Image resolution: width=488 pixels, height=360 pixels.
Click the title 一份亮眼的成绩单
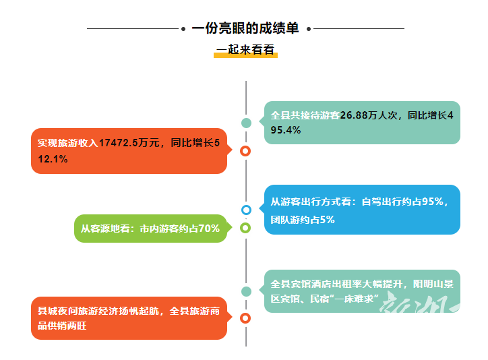pos(245,28)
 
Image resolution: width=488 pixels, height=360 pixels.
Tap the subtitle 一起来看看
pos(245,49)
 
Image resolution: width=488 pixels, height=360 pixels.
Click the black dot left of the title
pos(183,29)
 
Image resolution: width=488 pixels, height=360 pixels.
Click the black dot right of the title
pos(309,29)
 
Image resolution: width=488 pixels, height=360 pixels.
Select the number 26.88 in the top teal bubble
pos(354,115)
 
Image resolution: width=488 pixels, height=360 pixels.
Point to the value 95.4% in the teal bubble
pos(286,130)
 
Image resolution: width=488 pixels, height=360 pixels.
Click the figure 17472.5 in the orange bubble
pos(118,143)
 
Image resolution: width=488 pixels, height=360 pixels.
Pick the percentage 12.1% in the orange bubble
pos(53,159)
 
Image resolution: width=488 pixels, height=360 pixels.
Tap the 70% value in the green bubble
pos(209,229)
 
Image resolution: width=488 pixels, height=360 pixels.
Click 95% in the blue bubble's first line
pos(432,202)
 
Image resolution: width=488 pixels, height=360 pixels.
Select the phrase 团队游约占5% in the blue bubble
pos(303,220)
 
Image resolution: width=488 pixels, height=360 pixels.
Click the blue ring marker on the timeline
pos(246,210)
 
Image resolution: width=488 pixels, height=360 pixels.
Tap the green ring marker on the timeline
pos(245,228)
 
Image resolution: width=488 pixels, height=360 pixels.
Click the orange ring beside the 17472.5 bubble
pos(245,151)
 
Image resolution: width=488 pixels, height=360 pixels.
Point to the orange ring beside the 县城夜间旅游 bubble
pos(245,318)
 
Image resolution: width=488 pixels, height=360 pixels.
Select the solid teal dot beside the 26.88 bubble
pos(246,123)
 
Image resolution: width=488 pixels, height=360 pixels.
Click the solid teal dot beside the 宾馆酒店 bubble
pos(246,291)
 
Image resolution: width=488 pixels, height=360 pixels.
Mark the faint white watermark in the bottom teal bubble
pos(419,304)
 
